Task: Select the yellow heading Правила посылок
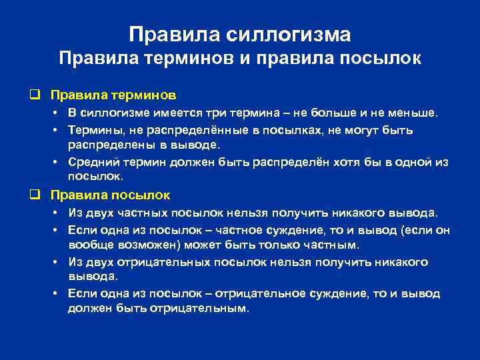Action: pyautogui.click(x=110, y=195)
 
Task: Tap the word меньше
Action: pyautogui.click(x=415, y=113)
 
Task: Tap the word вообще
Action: pyautogui.click(x=88, y=245)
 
